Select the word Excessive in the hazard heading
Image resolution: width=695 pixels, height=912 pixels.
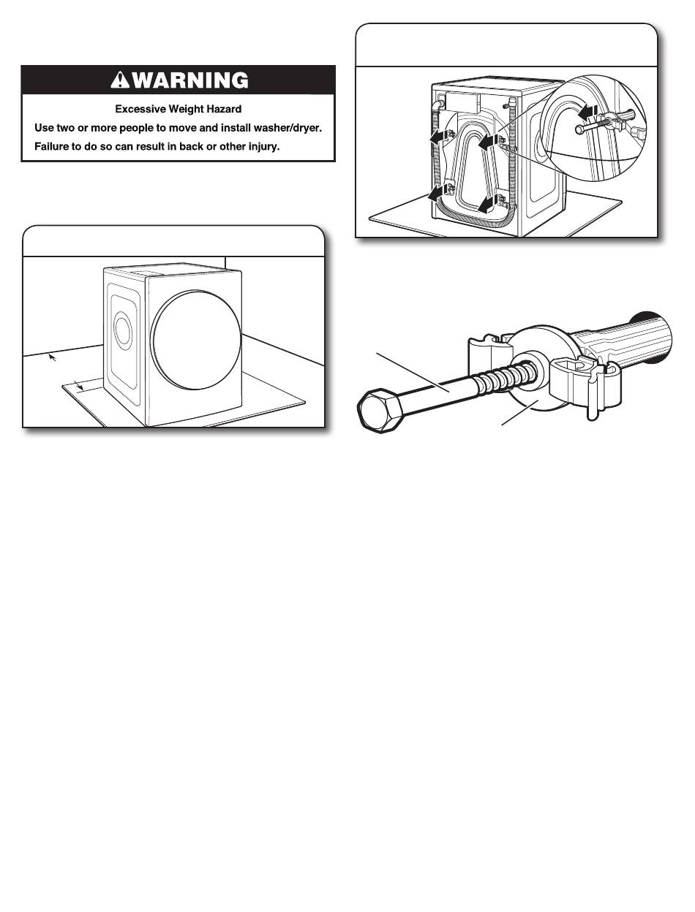coord(142,110)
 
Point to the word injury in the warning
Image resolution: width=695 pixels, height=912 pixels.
coord(266,145)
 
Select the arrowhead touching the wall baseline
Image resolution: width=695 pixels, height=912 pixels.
coord(50,357)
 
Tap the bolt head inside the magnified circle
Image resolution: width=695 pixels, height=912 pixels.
coord(580,129)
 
